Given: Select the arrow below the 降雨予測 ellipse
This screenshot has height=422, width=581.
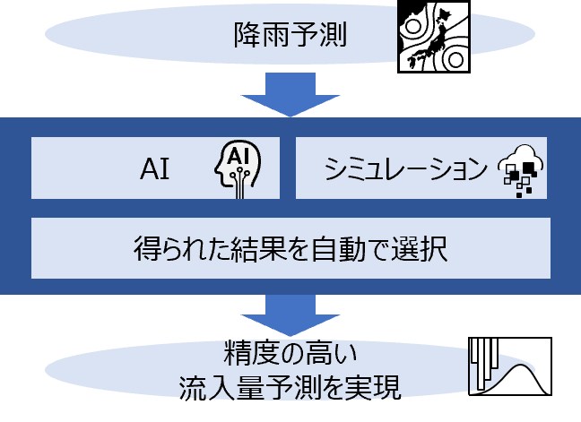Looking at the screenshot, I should coord(290,93).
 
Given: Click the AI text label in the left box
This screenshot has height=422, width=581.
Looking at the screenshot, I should coord(155,168).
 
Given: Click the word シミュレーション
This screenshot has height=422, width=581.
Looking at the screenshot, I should coord(394,168).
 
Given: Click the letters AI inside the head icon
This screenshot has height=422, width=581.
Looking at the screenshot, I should coord(238,157).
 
